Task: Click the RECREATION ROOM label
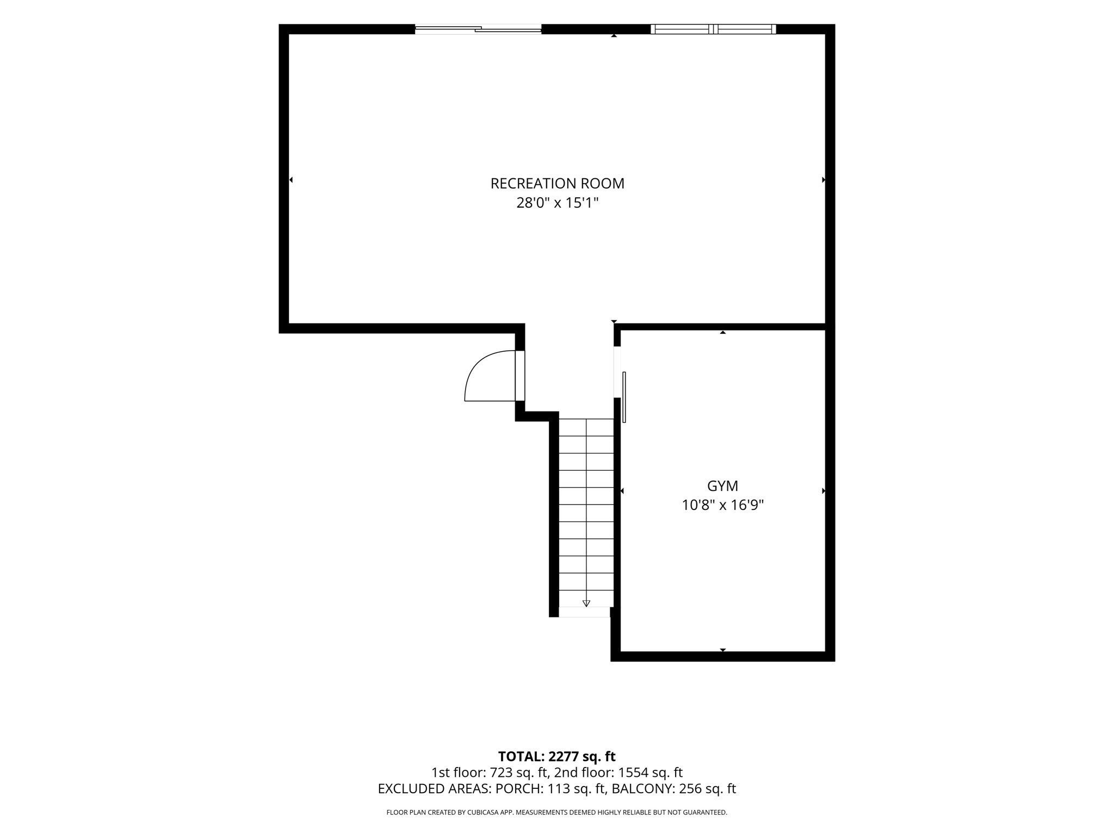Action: [557, 184]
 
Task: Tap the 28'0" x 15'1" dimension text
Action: [557, 203]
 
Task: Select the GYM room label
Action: [722, 486]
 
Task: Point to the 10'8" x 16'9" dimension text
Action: [722, 506]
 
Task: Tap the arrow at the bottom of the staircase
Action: [586, 603]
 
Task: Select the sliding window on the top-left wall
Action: [478, 29]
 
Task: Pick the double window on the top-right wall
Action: [713, 29]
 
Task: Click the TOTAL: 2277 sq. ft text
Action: [556, 756]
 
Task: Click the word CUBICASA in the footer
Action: [484, 813]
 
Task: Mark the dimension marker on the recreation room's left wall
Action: [291, 179]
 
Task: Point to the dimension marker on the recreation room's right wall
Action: [824, 179]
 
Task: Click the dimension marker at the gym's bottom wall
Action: [723, 650]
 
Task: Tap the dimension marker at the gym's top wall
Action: [723, 332]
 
